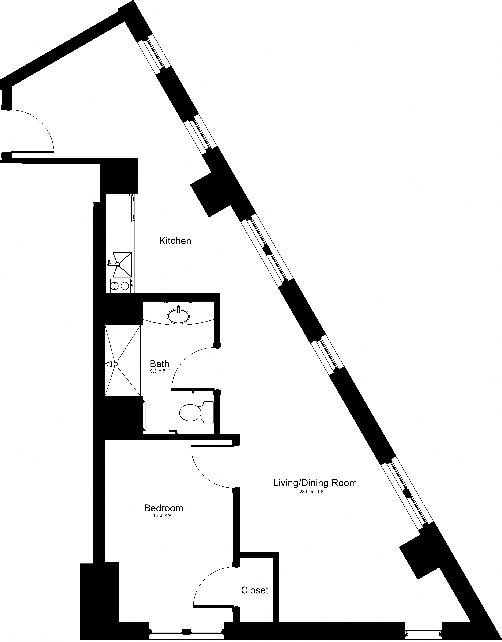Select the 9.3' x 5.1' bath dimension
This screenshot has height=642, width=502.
pos(160,371)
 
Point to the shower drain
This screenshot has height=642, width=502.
pos(115,364)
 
